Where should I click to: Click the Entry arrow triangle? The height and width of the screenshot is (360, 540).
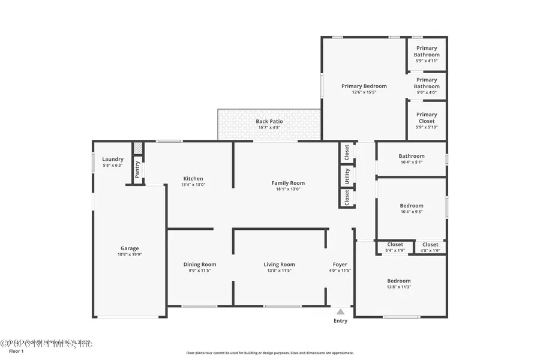[340, 311]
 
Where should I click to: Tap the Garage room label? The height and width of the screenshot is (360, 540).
[130, 248]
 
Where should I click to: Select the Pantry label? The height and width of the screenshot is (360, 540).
[137, 170]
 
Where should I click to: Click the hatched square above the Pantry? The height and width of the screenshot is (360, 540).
[137, 148]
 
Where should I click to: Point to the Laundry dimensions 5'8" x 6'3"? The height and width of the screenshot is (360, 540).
[112, 166]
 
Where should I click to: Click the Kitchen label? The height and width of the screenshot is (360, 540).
[193, 178]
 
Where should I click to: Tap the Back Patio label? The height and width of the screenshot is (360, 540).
[269, 121]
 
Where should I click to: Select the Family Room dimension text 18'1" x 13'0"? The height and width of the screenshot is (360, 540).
[288, 190]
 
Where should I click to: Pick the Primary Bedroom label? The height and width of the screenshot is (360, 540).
[364, 86]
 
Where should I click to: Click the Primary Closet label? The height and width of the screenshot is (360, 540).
[427, 118]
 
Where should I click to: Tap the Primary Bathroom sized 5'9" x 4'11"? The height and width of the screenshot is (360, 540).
[427, 52]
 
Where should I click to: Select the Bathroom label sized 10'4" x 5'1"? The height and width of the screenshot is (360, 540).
[412, 156]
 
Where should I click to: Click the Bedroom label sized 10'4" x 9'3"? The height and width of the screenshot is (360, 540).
[412, 206]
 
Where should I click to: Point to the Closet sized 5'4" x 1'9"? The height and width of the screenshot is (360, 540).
[395, 245]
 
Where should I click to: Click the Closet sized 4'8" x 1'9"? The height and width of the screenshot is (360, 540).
[430, 245]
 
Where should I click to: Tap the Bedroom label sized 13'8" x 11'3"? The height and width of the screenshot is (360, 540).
[399, 281]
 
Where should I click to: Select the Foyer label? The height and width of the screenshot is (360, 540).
[340, 265]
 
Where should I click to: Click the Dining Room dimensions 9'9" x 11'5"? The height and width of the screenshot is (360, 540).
[200, 271]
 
